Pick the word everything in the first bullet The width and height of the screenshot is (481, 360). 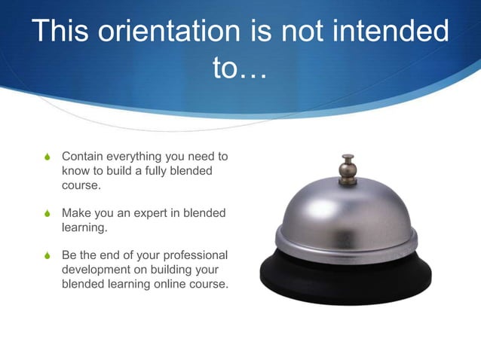tap(140, 157)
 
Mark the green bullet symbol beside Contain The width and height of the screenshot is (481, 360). tap(48, 157)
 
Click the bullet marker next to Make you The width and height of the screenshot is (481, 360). tap(48, 214)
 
